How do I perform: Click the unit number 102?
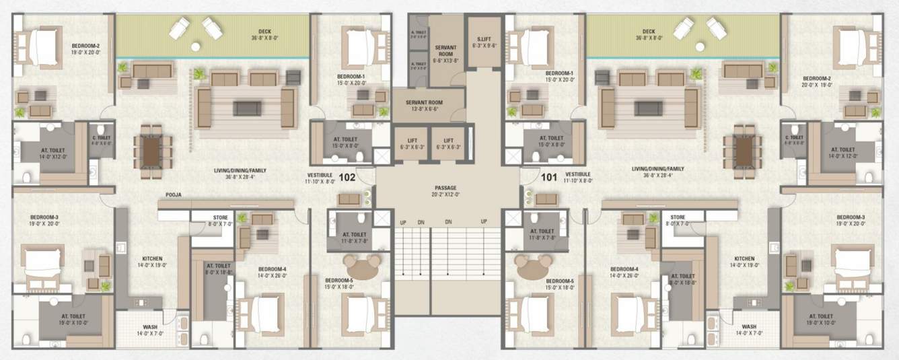click(x=347, y=178)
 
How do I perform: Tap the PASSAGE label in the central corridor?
click(x=445, y=188)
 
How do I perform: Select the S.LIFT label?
click(x=482, y=40)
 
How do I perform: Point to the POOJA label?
click(x=174, y=195)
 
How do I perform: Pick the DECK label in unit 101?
click(x=649, y=32)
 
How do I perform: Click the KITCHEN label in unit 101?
click(x=744, y=258)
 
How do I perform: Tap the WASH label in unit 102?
click(x=150, y=327)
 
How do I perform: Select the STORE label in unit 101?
click(x=678, y=217)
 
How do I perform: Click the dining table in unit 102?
click(x=152, y=151)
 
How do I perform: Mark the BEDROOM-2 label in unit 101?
click(x=816, y=78)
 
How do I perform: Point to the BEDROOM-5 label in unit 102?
click(x=339, y=280)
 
